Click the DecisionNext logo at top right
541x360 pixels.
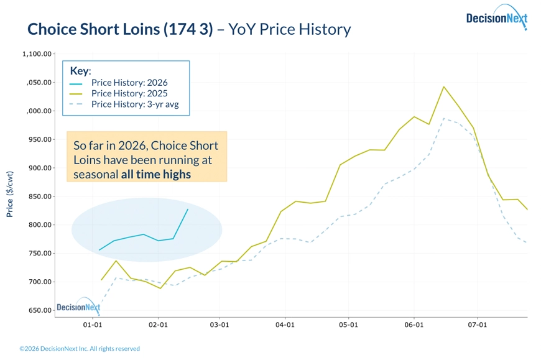click(496, 19)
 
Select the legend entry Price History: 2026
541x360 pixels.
click(129, 83)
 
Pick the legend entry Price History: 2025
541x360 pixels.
click(129, 93)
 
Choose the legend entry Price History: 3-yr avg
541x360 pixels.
click(134, 104)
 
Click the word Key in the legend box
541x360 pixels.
click(80, 71)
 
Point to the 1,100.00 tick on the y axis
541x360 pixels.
click(36, 54)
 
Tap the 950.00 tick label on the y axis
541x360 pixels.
click(39, 139)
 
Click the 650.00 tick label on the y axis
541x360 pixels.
click(39, 310)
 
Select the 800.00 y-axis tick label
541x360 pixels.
click(39, 225)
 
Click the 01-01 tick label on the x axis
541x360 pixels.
click(92, 325)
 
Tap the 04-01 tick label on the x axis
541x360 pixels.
click(285, 325)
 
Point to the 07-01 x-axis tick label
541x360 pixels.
click(477, 325)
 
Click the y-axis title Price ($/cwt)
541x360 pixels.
click(10, 194)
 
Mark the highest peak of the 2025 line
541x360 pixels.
click(443, 87)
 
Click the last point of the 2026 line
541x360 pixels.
click(188, 210)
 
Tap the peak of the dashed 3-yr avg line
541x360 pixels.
click(443, 119)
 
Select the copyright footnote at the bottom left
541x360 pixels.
click(80, 349)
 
